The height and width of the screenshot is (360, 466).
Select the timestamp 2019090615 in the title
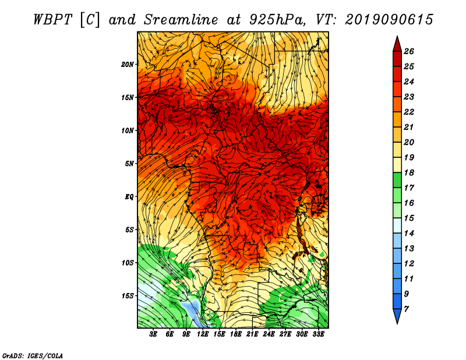(389, 19)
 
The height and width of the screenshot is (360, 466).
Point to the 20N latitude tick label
(128, 64)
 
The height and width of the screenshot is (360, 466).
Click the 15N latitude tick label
(128, 97)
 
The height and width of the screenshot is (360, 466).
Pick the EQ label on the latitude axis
(129, 196)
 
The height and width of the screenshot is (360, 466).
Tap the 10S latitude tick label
(128, 263)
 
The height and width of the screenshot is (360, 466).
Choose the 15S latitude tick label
(128, 295)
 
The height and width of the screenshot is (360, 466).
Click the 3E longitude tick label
(154, 334)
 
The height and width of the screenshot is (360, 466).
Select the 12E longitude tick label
(203, 334)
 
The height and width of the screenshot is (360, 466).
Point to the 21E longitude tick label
(252, 334)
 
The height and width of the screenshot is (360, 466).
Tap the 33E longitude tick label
(318, 334)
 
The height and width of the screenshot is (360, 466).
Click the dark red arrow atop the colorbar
(396, 44)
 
